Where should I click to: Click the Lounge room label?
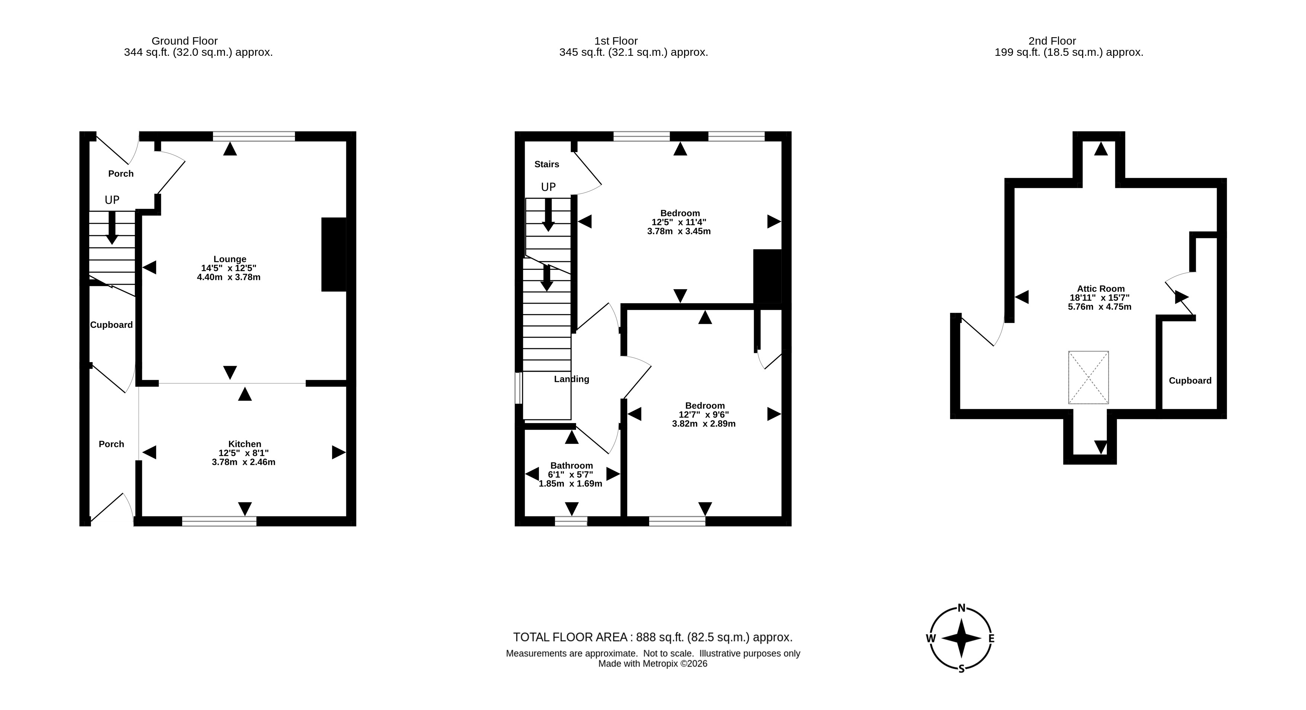pos(230,259)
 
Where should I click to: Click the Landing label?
pos(571,379)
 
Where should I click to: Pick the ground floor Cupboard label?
pos(112,325)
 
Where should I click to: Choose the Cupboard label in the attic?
pos(1190,381)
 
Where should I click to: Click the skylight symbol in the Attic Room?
pos(1089,378)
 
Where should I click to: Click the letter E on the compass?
pos(991,639)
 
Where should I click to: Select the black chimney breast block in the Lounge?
pos(334,255)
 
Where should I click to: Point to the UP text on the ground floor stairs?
pos(112,200)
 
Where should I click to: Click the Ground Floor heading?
pos(185,41)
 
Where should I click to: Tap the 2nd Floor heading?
pos(1052,41)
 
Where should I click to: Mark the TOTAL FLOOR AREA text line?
pos(652,637)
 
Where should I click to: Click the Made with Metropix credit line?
pos(652,664)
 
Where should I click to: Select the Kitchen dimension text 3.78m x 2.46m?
pos(243,462)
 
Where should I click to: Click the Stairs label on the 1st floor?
pos(547,164)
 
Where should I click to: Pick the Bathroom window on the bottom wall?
pos(571,521)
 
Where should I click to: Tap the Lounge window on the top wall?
pos(254,136)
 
